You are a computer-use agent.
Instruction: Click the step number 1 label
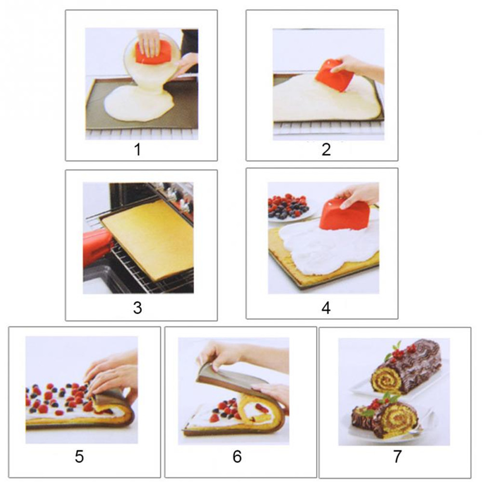(137, 150)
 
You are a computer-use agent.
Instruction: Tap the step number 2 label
(326, 150)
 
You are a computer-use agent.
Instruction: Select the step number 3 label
(137, 308)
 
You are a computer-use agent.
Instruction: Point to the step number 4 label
(326, 308)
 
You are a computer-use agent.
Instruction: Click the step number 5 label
(80, 457)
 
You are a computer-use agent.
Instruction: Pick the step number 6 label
(237, 457)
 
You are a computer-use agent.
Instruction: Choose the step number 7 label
(398, 457)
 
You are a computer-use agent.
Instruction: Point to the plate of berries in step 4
(289, 207)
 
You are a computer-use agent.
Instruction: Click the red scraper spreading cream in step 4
(344, 214)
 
